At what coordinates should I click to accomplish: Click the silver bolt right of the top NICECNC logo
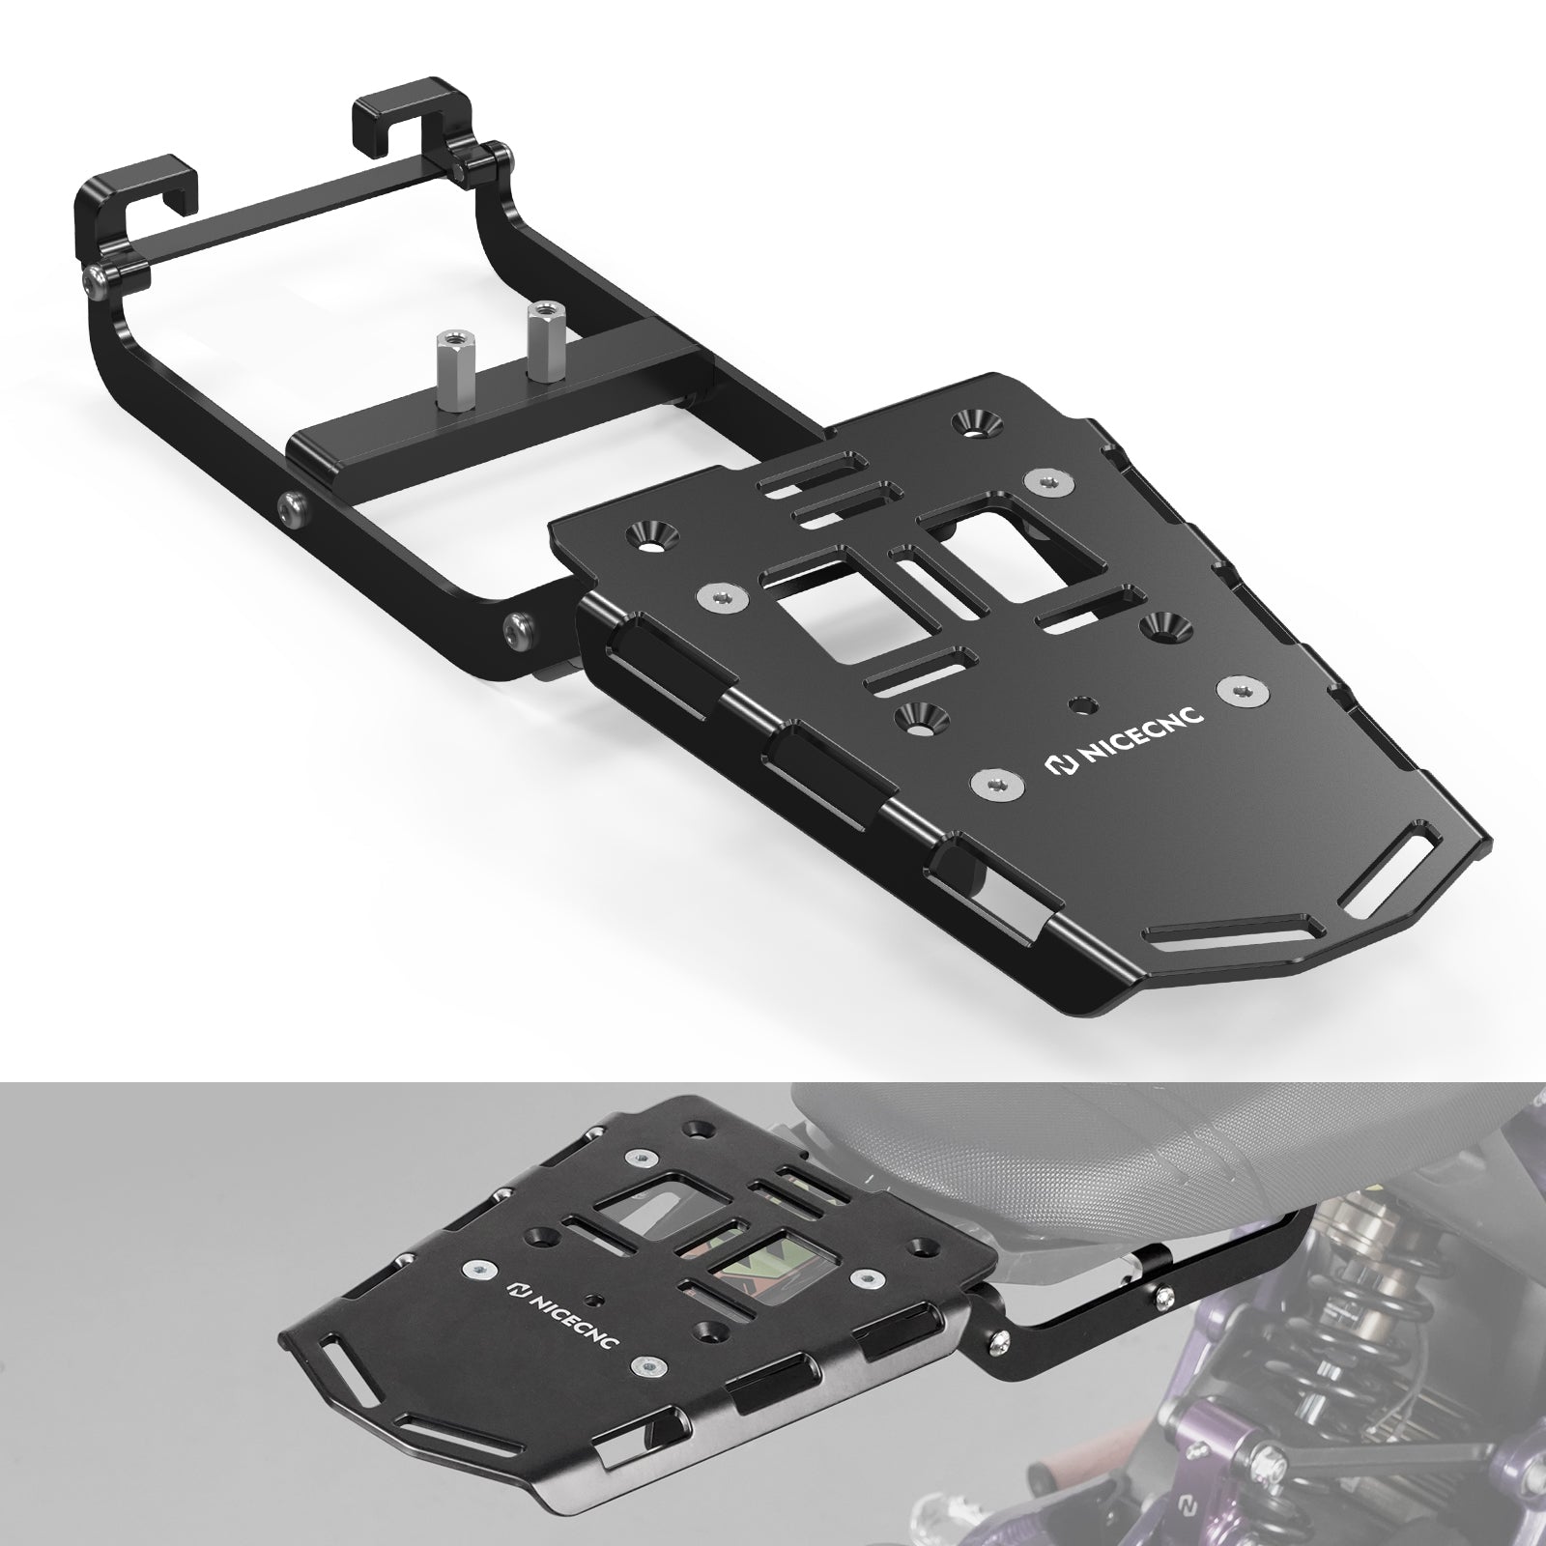click(x=1240, y=688)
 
